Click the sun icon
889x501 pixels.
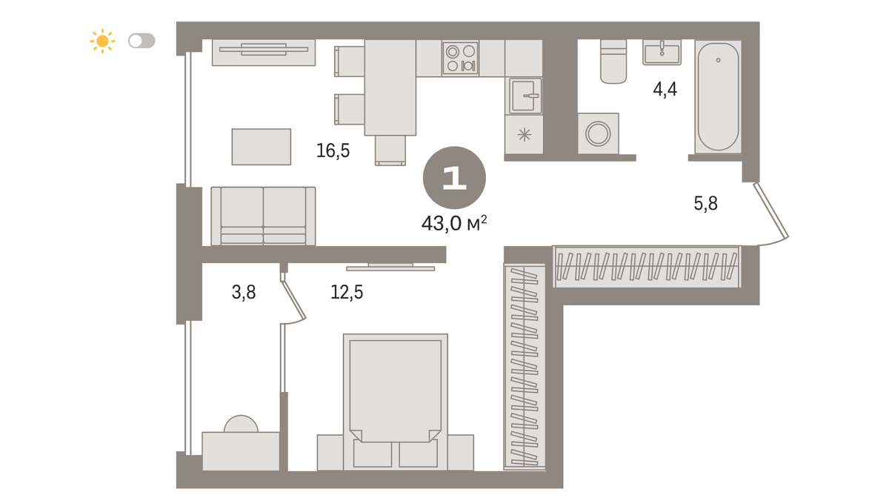(102, 41)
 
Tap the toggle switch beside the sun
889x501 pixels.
(141, 41)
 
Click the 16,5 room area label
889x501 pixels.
(333, 151)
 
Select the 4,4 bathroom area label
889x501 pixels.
(665, 90)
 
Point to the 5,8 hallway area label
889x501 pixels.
(705, 204)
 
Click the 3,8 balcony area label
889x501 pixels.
(244, 293)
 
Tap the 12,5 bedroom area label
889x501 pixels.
(347, 293)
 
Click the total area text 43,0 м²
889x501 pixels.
(454, 223)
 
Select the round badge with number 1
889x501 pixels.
(454, 178)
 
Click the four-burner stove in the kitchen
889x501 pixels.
(460, 58)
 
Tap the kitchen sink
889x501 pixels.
(524, 96)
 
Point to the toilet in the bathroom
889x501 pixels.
(613, 62)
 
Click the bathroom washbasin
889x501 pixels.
(662, 52)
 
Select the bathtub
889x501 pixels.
(718, 96)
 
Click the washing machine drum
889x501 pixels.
(598, 133)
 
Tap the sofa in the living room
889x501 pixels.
(263, 216)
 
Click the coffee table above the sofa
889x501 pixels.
(261, 147)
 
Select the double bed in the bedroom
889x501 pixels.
(396, 402)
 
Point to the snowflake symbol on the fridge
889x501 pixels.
(525, 135)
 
